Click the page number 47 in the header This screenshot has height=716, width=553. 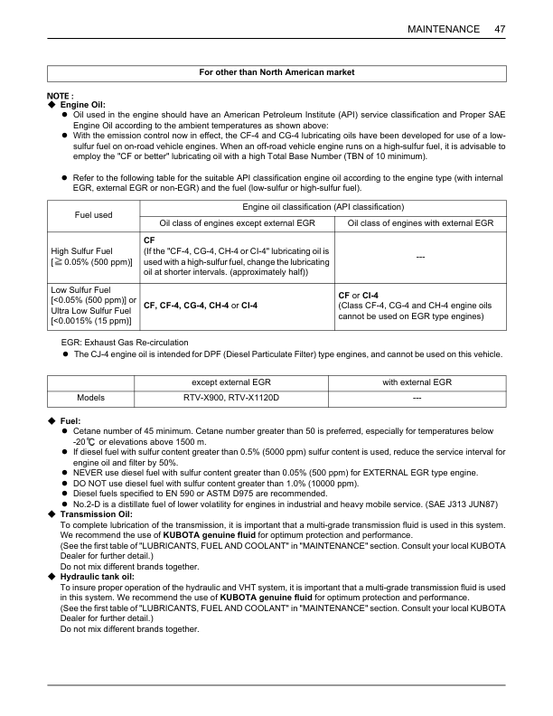pos(500,29)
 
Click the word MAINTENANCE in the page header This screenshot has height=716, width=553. pos(444,29)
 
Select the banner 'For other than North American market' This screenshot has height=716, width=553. pos(276,71)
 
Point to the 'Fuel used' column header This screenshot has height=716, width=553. pos(91,215)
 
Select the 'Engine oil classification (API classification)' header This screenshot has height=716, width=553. pos(323,208)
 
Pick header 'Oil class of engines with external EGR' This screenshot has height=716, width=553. pos(420,222)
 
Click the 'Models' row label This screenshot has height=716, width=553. pos(90,397)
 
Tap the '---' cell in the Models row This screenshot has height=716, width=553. pos(417,397)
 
